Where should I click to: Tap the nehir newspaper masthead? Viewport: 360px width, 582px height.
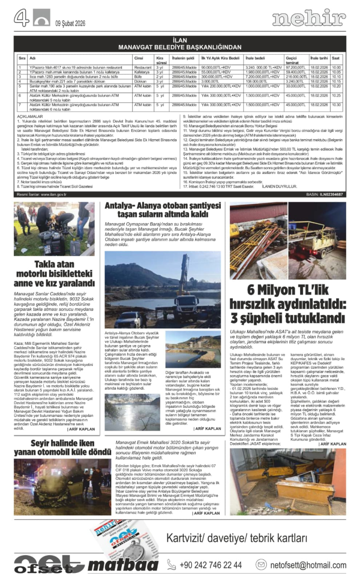point(309,19)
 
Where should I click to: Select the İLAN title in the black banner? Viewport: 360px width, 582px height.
point(180,41)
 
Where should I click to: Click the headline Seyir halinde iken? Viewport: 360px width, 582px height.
point(56,442)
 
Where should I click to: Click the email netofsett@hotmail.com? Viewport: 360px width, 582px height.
point(308,565)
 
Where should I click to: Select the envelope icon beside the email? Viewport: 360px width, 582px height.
point(261,565)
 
